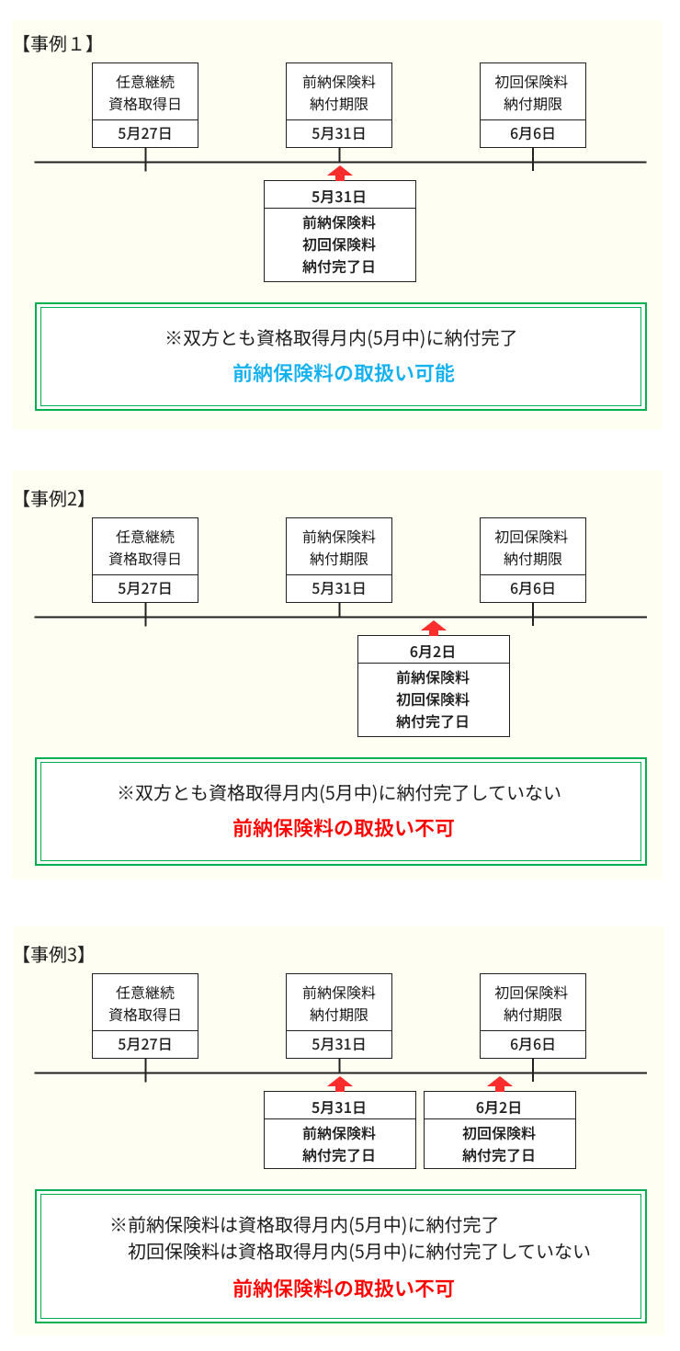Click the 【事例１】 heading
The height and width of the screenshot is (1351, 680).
[57, 43]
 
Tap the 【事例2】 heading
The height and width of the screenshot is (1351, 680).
[53, 499]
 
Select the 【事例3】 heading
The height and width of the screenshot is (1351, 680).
[53, 955]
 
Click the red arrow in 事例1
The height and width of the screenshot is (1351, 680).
[339, 173]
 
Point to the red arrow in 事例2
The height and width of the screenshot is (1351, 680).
[434, 629]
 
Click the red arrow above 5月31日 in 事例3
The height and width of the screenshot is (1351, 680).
[339, 1084]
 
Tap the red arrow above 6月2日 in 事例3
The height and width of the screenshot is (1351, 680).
[499, 1084]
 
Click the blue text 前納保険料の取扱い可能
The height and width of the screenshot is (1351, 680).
[344, 373]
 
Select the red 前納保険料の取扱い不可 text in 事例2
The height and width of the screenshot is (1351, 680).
[344, 828]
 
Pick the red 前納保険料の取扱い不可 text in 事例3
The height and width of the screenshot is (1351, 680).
[344, 1289]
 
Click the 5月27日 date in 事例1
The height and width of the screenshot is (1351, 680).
[144, 134]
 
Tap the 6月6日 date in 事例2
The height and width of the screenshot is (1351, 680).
[532, 588]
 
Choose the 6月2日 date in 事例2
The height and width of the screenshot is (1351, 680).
[433, 652]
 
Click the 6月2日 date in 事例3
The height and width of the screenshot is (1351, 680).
[499, 1107]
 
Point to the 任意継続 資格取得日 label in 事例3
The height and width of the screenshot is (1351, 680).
[145, 1004]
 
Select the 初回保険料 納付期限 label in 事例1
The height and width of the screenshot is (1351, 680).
[532, 93]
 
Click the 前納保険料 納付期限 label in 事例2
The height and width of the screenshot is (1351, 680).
[339, 548]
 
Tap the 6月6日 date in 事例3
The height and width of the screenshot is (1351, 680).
[532, 1045]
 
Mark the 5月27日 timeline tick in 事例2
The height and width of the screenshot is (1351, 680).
[145, 614]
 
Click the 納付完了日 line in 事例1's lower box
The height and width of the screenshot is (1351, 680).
[339, 267]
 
